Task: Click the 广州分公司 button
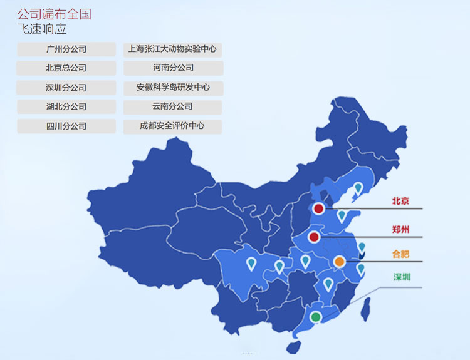pos(66,49)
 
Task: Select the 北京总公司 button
pos(66,68)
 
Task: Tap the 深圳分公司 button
pos(66,88)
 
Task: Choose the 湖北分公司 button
pos(66,106)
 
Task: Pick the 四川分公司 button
pos(66,126)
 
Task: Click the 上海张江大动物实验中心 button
pos(172,49)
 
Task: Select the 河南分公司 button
pos(173,68)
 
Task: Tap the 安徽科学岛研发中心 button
pos(173,88)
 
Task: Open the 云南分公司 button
pos(172,106)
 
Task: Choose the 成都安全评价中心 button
pos(172,126)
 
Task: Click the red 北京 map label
pos(400,201)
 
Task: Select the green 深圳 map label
pos(402,277)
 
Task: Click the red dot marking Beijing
pos(319,208)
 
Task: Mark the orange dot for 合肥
pos(339,262)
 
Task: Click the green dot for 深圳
pos(316,317)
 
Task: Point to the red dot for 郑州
pos(314,237)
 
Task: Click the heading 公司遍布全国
pos(54,14)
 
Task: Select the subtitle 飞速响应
pos(42,29)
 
